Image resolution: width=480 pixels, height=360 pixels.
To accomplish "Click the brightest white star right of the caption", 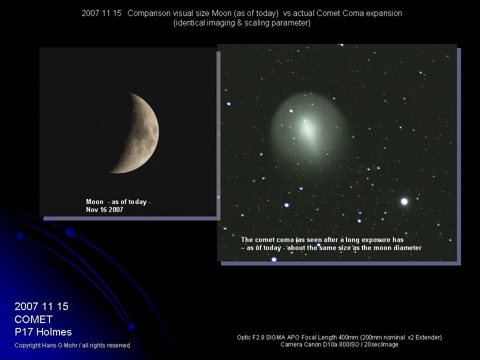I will pyautogui.click(x=404, y=201).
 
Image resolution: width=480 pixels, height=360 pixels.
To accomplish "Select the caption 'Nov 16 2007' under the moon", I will pyautogui.click(x=104, y=210).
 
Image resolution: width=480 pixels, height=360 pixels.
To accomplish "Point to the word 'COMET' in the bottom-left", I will pyautogui.click(x=33, y=319).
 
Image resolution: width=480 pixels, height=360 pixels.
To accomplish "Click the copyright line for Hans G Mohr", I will pyautogui.click(x=72, y=345).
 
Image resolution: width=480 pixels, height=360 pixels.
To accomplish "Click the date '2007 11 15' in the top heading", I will pyautogui.click(x=101, y=13).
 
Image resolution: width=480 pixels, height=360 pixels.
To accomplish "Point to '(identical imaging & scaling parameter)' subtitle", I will pyautogui.click(x=241, y=23).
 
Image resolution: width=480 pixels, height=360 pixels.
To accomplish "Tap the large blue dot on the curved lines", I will pyautogui.click(x=70, y=232).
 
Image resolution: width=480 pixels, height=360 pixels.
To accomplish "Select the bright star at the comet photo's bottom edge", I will pyautogui.click(x=274, y=259).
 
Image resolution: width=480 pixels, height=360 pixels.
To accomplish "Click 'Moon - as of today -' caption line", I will pyautogui.click(x=118, y=202).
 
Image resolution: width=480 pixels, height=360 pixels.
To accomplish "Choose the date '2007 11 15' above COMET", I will pyautogui.click(x=41, y=306).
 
